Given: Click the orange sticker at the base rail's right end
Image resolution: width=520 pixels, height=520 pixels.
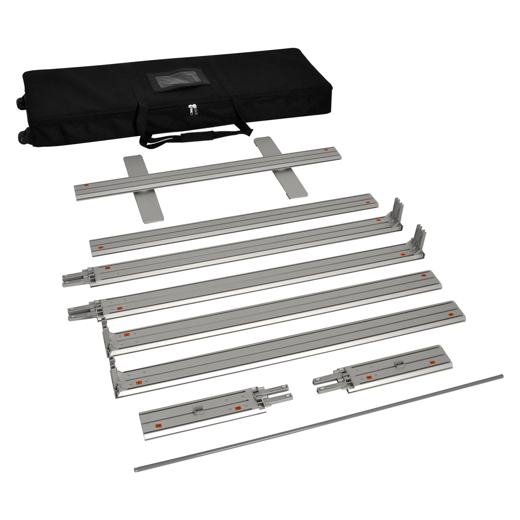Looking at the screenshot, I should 326,150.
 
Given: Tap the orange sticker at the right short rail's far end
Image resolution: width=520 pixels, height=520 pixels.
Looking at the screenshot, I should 432,362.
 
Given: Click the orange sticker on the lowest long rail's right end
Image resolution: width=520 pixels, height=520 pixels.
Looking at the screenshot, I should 451,314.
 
